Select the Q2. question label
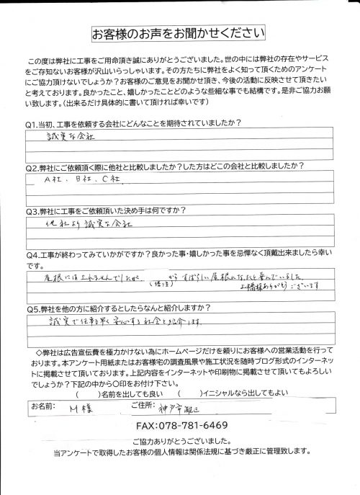34,166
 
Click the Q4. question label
34,254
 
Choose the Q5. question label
34,310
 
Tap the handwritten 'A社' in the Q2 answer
53,179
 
